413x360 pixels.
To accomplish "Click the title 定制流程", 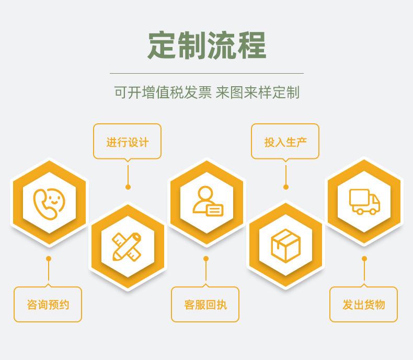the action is (x=206, y=45).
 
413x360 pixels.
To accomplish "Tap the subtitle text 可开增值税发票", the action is (x=163, y=93).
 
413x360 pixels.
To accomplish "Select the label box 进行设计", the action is (x=128, y=142).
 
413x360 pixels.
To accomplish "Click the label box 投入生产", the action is (x=285, y=142).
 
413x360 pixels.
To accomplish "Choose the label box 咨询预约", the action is (x=48, y=304).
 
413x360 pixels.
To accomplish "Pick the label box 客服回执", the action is (x=205, y=304).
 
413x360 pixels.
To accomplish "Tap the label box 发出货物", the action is (x=363, y=304).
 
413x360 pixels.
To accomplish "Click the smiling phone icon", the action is (x=49, y=202).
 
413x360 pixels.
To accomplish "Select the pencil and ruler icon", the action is (x=128, y=246).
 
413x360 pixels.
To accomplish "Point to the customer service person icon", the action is (x=206, y=202).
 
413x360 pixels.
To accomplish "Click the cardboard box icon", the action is (x=285, y=246).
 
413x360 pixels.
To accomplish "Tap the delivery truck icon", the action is (x=364, y=201).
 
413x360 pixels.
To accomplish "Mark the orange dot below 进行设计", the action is (x=128, y=187).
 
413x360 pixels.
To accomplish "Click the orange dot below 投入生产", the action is (x=285, y=187).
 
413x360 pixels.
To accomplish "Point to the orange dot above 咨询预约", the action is (x=49, y=259).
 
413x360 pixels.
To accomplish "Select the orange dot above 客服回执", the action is (x=206, y=259).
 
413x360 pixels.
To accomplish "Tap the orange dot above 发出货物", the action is (x=364, y=259).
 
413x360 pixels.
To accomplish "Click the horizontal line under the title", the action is (x=206, y=73).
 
